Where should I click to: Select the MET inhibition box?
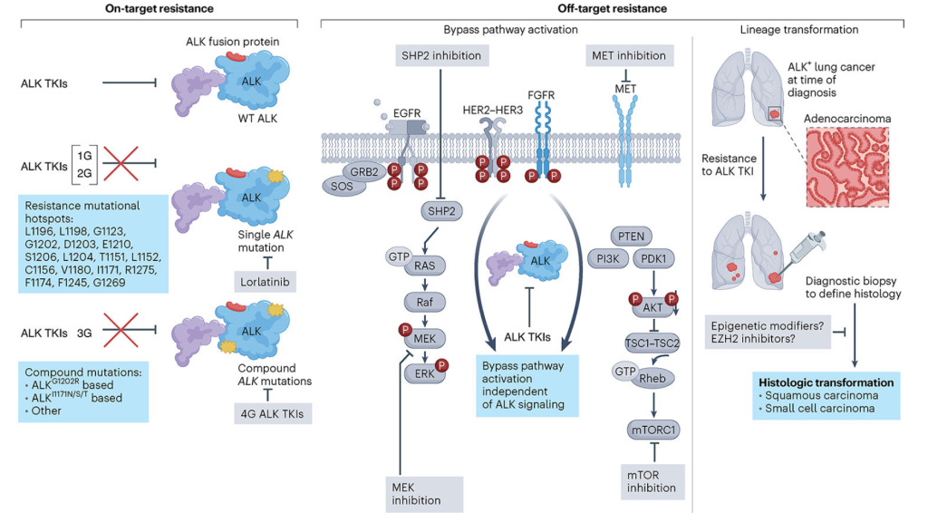coord(630,55)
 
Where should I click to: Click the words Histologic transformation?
coord(825,382)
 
